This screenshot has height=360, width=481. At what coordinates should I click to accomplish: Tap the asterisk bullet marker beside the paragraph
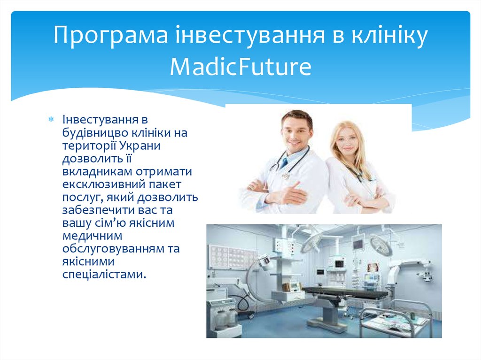pos(52,120)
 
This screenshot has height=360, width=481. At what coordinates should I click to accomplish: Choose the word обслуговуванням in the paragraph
pos(114,248)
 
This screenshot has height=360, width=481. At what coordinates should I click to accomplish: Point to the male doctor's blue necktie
pos(285,163)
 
